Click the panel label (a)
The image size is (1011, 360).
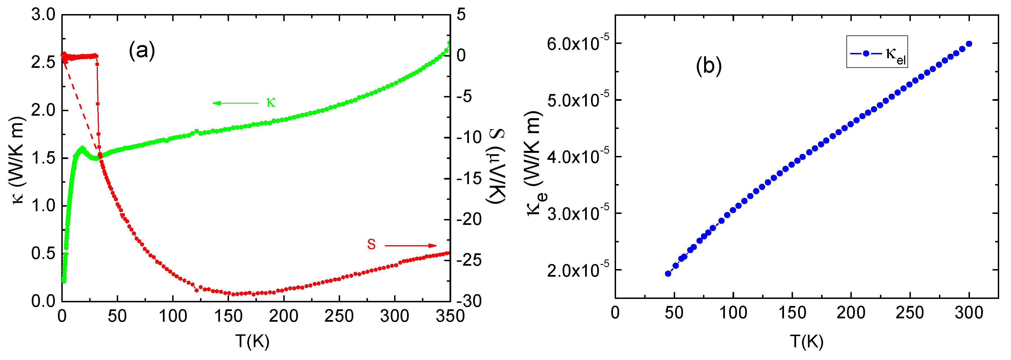142,51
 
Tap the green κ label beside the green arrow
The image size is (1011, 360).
271,103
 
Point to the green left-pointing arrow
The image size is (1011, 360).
235,103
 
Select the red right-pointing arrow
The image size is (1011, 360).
410,246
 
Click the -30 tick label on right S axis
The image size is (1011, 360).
469,301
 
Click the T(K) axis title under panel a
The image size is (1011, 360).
252,341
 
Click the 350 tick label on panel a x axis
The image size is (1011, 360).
450,316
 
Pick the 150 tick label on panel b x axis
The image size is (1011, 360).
792,313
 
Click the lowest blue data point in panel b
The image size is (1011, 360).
668,274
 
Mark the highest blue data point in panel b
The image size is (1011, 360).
969,44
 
